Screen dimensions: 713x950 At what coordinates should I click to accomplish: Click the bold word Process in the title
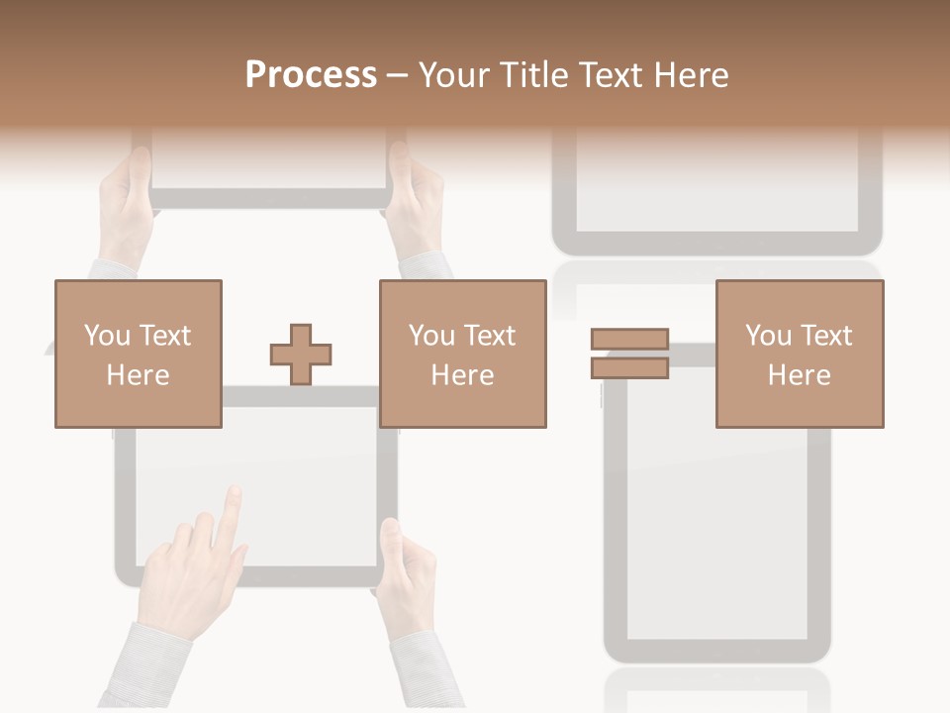[x=311, y=75]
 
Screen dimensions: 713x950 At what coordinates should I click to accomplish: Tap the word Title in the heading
[x=534, y=75]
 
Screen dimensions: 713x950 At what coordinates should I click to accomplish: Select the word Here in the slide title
[x=690, y=75]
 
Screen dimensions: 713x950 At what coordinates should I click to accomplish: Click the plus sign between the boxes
[x=301, y=354]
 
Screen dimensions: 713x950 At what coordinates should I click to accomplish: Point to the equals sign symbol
[x=629, y=354]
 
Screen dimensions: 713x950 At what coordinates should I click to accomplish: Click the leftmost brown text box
[x=138, y=354]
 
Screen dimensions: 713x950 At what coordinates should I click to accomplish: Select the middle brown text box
[x=462, y=354]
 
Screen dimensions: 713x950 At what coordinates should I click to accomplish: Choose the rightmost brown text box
[x=799, y=354]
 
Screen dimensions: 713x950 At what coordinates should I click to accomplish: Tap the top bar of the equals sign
[x=629, y=340]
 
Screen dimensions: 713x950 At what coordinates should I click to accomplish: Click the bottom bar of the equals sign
[x=629, y=367]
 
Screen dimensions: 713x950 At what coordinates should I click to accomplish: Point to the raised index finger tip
[x=233, y=492]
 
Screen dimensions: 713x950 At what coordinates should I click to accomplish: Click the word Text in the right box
[x=825, y=336]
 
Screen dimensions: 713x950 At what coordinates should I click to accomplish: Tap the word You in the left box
[x=107, y=336]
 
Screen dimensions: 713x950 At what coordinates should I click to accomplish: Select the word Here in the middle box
[x=462, y=374]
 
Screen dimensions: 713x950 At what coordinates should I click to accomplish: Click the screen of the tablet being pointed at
[x=297, y=475]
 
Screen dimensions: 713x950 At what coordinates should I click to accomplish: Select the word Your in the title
[x=453, y=75]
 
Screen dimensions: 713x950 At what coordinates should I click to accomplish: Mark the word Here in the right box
[x=799, y=374]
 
